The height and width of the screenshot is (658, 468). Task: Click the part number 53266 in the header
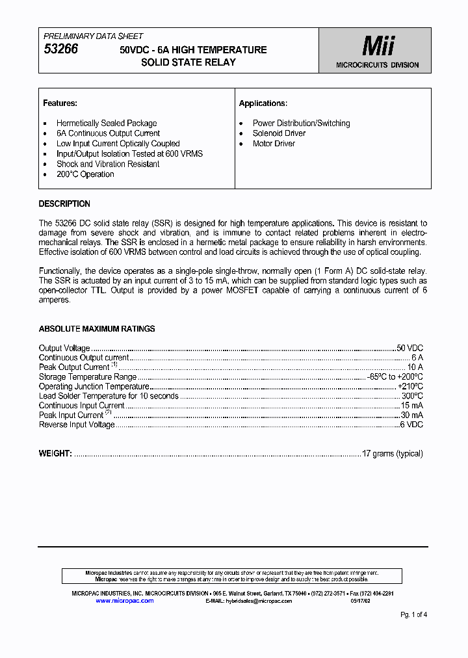(60, 49)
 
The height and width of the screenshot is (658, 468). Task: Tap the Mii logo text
(378, 47)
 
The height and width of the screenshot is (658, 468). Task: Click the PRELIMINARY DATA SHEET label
(93, 36)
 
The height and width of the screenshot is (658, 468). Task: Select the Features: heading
(60, 103)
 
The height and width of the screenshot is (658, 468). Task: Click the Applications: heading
(263, 103)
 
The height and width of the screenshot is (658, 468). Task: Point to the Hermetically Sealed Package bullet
(107, 123)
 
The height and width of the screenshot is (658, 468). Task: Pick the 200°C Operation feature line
(85, 174)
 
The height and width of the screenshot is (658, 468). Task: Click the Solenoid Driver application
(279, 133)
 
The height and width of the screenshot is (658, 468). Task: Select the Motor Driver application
(274, 144)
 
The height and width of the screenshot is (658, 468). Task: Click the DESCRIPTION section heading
(64, 204)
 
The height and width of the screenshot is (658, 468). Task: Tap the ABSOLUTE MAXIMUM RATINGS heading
(97, 329)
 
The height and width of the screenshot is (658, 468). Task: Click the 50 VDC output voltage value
(409, 349)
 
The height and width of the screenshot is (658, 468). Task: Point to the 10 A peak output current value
(415, 367)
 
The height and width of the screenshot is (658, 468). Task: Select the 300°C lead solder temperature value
(412, 396)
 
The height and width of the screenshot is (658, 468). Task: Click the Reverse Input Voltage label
(77, 425)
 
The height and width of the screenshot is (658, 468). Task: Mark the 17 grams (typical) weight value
(393, 454)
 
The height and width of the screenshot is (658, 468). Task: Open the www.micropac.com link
(125, 601)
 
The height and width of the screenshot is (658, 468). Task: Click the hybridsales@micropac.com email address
(259, 601)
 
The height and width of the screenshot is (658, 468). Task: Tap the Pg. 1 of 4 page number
(413, 614)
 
